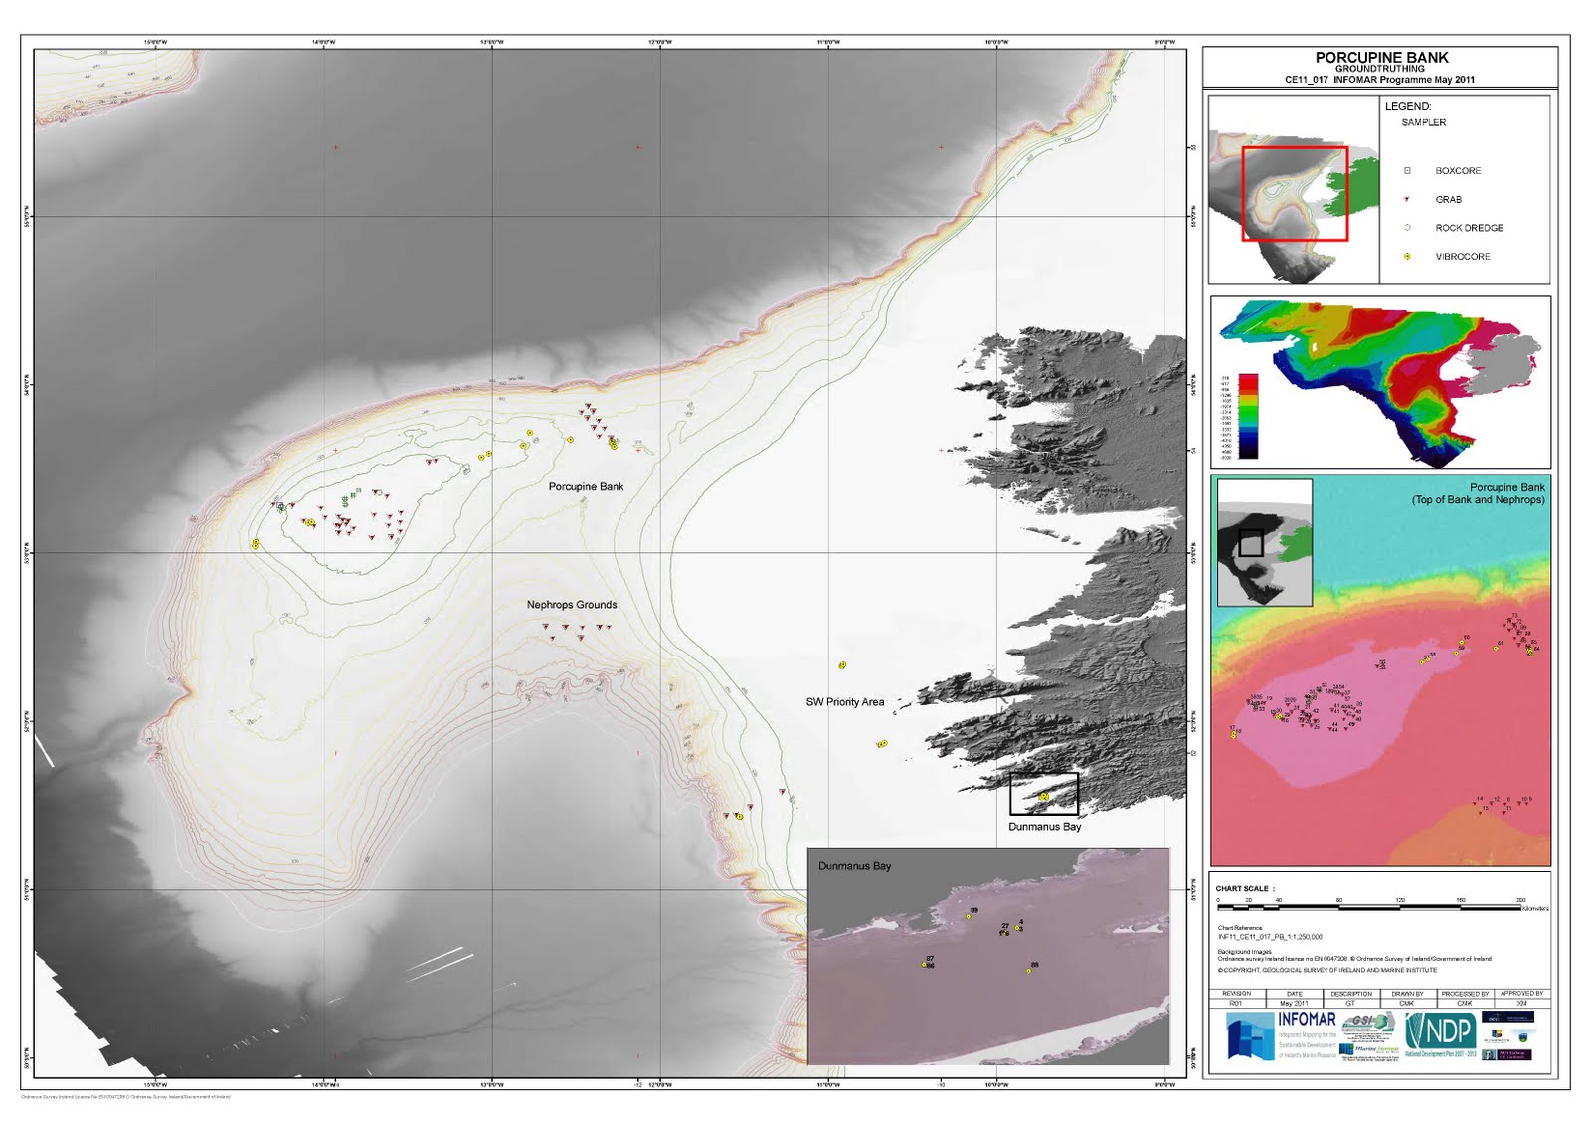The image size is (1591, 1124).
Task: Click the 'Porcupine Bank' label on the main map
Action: point(586,486)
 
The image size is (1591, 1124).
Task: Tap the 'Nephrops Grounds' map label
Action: point(572,605)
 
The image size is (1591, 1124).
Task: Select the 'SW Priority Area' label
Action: point(844,702)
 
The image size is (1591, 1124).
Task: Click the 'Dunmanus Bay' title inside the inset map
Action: point(854,866)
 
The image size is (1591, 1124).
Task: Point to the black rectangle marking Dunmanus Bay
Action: point(1044,794)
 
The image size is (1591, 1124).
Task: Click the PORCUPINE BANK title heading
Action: point(1381,58)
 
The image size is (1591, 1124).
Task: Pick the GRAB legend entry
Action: point(1448,200)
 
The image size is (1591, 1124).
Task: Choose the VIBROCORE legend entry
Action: point(1462,257)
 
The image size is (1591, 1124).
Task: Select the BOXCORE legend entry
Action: point(1458,171)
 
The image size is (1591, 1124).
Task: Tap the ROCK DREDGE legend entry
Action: point(1469,228)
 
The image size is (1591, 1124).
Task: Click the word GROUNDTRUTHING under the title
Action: point(1380,69)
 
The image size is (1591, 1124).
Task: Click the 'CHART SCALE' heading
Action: point(1242,889)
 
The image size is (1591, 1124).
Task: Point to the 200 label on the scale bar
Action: point(1520,900)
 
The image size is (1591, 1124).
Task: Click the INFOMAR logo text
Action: point(1307,1020)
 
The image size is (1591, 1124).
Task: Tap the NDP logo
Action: point(1441,1031)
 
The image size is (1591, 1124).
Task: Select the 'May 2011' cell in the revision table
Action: point(1294,1003)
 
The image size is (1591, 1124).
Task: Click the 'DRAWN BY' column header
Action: point(1407,994)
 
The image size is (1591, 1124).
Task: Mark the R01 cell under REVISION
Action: point(1236,1003)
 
